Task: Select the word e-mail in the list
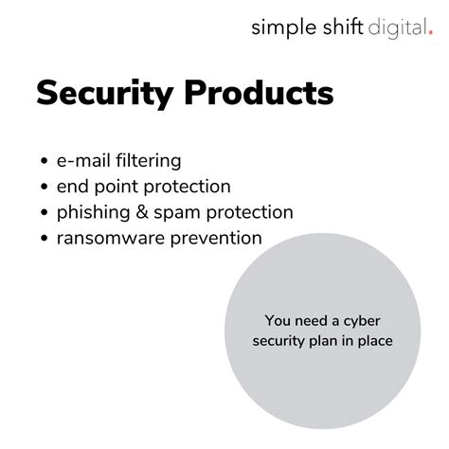tap(84, 162)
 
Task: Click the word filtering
tap(148, 162)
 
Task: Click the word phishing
tap(94, 213)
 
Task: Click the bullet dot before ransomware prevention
tap(46, 239)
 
